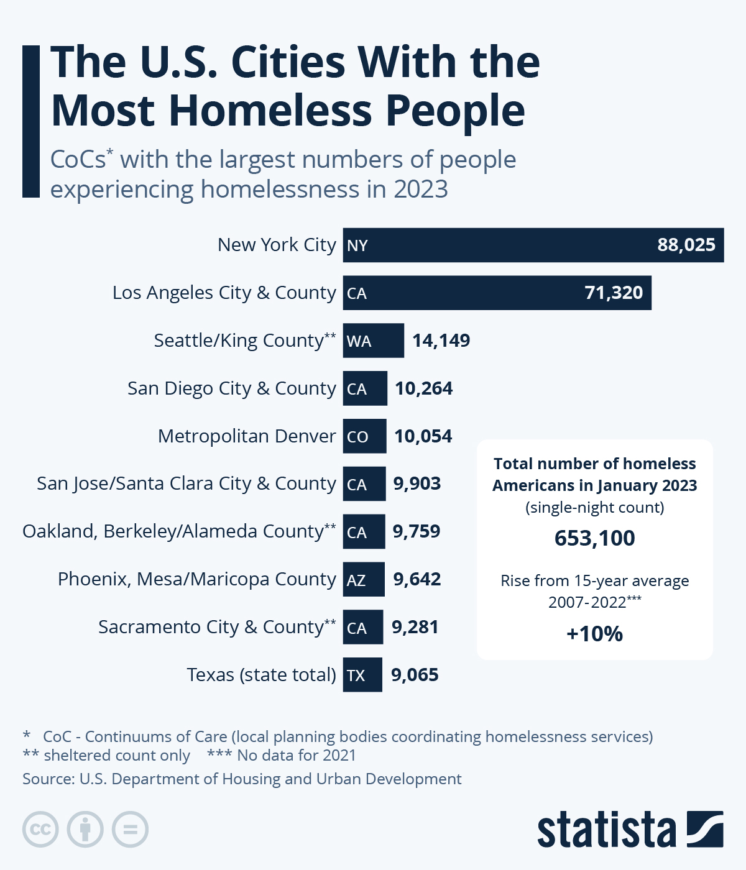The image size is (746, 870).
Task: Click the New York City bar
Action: tap(533, 245)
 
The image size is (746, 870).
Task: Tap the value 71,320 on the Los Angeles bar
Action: tap(614, 293)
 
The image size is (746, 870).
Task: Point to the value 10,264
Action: tap(424, 388)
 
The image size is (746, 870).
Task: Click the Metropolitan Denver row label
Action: tap(247, 436)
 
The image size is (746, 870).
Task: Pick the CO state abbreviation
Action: tap(357, 437)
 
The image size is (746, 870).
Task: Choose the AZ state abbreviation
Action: tap(356, 580)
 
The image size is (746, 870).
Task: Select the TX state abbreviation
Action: tap(356, 675)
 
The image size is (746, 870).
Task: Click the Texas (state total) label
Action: tap(261, 675)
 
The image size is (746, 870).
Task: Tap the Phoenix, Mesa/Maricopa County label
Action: tap(196, 579)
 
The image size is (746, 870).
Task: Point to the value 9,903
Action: tap(417, 483)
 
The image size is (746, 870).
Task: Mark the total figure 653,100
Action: tap(595, 538)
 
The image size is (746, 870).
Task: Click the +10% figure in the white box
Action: tap(595, 634)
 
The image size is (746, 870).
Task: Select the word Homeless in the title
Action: tap(270, 111)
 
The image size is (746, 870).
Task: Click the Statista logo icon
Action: tap(705, 829)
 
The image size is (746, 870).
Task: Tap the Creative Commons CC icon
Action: tap(40, 830)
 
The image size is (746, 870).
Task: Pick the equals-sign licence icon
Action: tap(131, 830)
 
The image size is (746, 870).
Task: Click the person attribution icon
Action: tap(85, 830)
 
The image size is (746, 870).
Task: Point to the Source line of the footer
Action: tap(242, 779)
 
